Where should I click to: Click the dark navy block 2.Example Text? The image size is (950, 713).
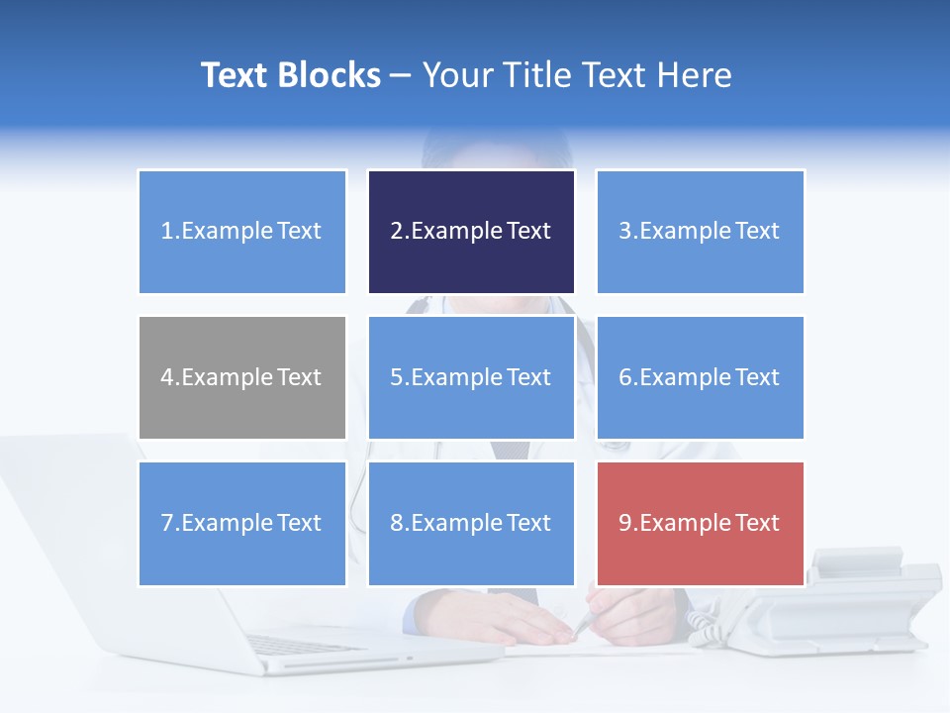[471, 232]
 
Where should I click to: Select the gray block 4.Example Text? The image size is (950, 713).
[242, 377]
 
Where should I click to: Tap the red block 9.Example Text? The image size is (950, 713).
[700, 523]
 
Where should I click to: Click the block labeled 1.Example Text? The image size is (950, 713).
[242, 232]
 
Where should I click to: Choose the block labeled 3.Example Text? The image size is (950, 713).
[700, 232]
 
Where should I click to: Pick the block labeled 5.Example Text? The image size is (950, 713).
[471, 377]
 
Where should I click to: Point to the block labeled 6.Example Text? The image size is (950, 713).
[700, 377]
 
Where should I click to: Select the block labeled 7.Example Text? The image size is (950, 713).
[242, 523]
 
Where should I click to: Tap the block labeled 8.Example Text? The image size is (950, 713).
[471, 523]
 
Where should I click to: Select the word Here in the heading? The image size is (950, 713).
[697, 75]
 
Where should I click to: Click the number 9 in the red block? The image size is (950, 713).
[625, 523]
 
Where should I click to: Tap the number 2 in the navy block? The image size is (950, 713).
[396, 232]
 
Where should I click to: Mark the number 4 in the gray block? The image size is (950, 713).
[167, 377]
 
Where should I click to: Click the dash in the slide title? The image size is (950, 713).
[401, 75]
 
